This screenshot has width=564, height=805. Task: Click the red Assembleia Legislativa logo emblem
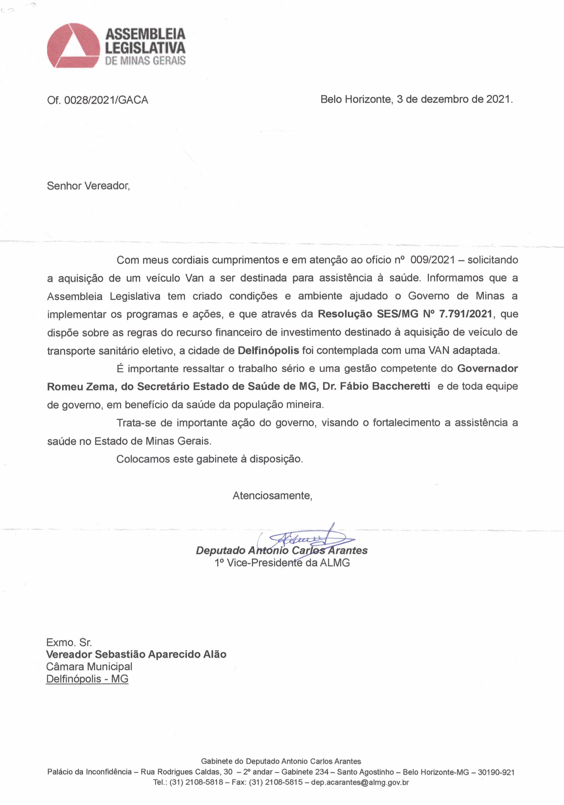click(74, 46)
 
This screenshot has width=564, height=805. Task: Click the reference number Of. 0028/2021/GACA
click(97, 100)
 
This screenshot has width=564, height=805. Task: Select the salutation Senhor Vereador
click(88, 186)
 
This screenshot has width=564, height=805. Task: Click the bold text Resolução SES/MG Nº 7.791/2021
click(405, 314)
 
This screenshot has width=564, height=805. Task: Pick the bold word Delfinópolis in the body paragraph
click(268, 350)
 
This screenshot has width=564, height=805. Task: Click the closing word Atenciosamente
click(272, 496)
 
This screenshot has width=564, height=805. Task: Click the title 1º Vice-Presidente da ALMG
click(282, 563)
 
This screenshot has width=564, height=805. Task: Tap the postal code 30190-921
click(496, 772)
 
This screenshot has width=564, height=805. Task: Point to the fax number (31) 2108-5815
click(276, 782)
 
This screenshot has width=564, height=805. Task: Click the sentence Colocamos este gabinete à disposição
click(210, 459)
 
